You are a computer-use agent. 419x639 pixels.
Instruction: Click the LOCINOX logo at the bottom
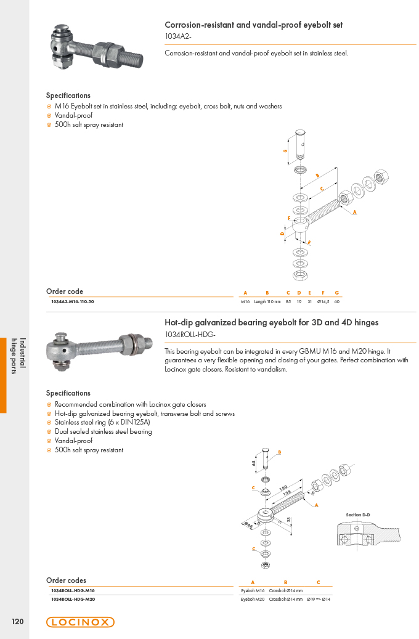(x=80, y=622)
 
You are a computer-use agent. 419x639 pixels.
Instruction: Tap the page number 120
(x=17, y=622)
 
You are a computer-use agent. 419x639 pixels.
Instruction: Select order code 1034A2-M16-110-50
(x=73, y=301)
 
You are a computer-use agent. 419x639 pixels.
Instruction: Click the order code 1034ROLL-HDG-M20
(x=73, y=599)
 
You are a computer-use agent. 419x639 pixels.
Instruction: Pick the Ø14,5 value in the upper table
(x=323, y=301)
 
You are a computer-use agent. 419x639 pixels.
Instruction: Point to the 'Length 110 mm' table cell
(x=267, y=301)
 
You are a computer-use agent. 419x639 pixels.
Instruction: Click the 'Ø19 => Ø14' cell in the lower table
(x=319, y=599)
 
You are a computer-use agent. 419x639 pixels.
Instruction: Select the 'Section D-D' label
(x=358, y=515)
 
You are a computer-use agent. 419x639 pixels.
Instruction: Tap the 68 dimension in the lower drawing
(x=253, y=463)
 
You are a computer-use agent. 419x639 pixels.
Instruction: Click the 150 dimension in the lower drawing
(x=283, y=488)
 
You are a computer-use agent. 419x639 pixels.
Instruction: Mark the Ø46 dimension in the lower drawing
(x=248, y=524)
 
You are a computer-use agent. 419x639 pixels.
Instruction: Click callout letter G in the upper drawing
(x=285, y=151)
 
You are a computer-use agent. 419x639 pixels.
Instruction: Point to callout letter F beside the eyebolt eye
(x=289, y=218)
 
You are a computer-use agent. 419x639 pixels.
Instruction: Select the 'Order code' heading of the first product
(x=65, y=291)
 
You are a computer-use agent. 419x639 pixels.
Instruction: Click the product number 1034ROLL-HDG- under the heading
(x=190, y=335)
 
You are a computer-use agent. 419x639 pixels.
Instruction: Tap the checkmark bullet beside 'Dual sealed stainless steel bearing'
(x=49, y=432)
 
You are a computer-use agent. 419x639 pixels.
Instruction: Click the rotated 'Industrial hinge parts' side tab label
(x=18, y=356)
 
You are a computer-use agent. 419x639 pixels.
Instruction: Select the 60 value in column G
(x=336, y=301)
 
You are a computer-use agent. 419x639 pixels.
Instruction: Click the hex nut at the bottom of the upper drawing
(x=301, y=275)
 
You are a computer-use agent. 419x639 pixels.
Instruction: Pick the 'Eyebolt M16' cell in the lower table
(x=252, y=590)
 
